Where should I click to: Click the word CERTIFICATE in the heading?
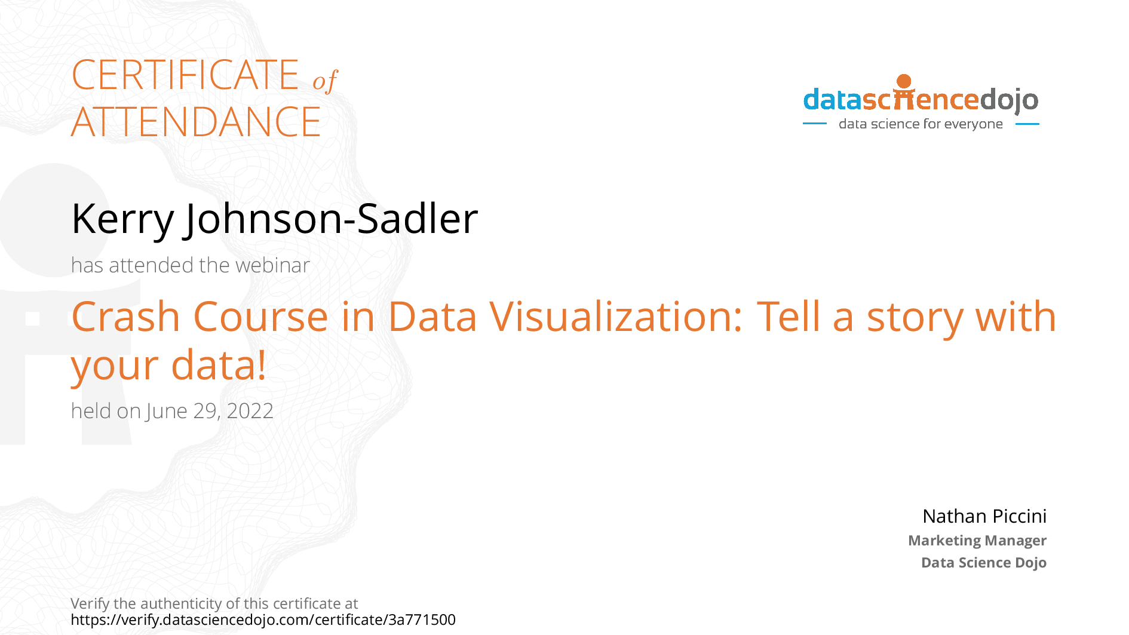[x=185, y=75]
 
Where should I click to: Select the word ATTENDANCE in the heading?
[x=196, y=122]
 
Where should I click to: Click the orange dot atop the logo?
[x=904, y=81]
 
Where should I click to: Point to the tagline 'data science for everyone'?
[x=921, y=124]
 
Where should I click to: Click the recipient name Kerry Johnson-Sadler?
[x=275, y=219]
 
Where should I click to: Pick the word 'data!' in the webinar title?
[x=219, y=365]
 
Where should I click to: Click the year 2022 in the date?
[x=250, y=411]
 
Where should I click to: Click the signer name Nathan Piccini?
[x=984, y=516]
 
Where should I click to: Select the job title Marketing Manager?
[x=977, y=541]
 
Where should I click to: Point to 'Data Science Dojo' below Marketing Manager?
[x=984, y=563]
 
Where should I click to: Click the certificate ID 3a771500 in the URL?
[x=422, y=619]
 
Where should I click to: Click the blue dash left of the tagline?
[x=815, y=124]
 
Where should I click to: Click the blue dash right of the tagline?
[x=1027, y=124]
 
